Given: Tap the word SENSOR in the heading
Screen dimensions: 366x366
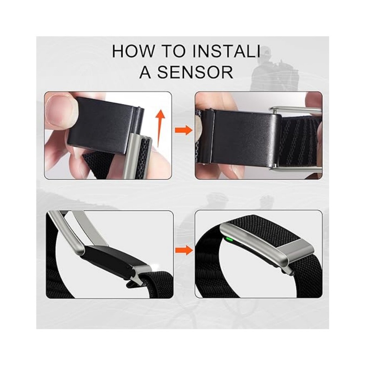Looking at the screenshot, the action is tap(195, 72).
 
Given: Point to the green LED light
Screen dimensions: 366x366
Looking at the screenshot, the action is tap(228, 239).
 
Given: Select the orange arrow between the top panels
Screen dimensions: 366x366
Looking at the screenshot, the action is tap(184, 130).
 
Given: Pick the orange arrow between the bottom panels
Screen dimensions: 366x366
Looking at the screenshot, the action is tap(184, 250).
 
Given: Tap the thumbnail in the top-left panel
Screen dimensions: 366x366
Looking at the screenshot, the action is tap(58, 110).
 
